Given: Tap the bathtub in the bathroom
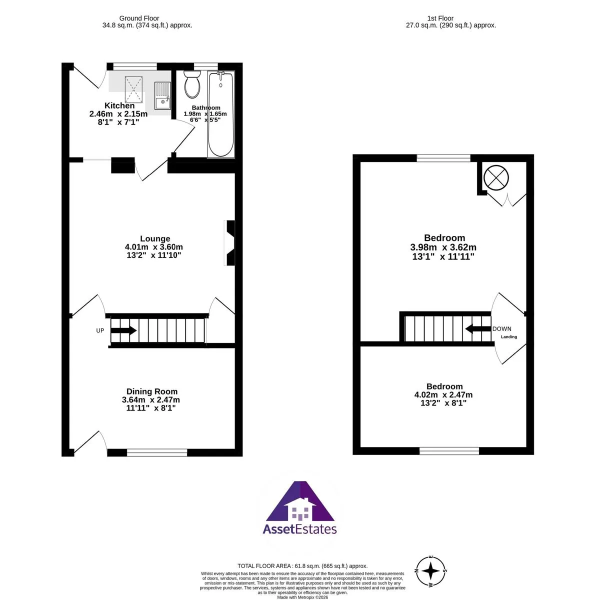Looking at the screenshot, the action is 221,114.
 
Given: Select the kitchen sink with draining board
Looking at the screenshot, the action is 162,95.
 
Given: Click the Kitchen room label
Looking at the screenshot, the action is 119,105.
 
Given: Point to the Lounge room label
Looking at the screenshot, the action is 155,239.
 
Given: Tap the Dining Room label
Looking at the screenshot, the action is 151,391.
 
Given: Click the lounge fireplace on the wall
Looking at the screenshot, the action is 229,243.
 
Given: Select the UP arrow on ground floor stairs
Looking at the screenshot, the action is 123,330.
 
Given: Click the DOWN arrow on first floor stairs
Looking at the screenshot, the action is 478,329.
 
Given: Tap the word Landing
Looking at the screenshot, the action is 508,337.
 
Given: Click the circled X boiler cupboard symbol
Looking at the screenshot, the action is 496,178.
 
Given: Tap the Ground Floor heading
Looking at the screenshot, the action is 139,18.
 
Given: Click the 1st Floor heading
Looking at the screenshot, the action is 440,18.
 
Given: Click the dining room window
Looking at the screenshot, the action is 157,452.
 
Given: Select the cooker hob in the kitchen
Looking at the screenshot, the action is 133,89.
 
